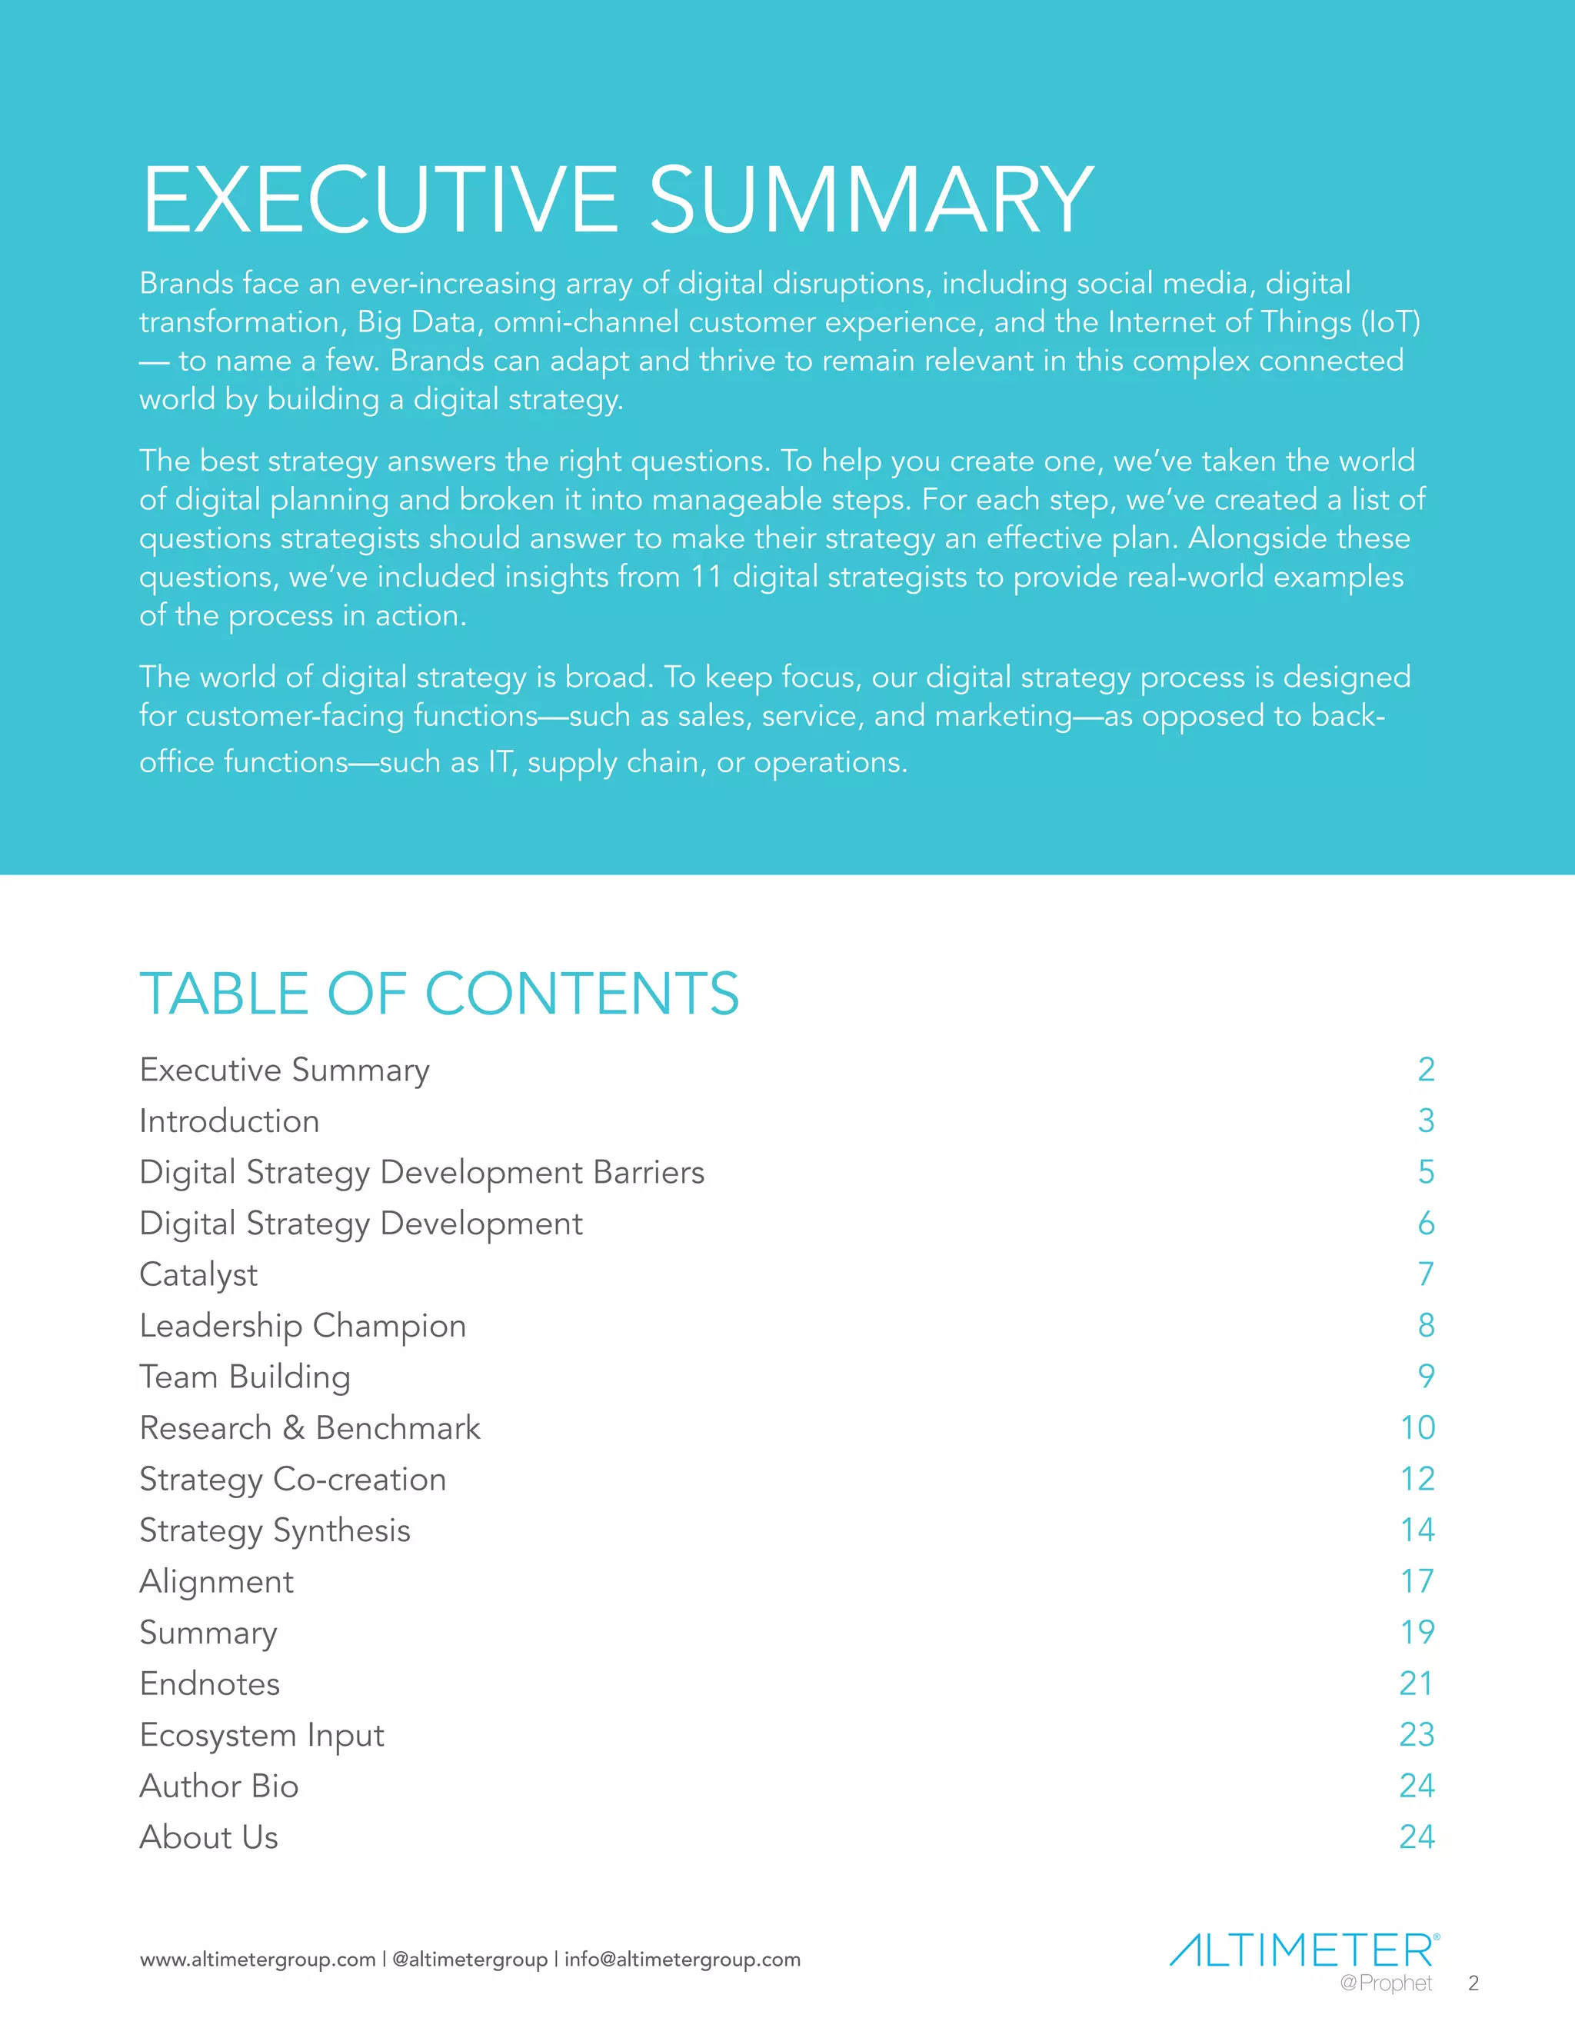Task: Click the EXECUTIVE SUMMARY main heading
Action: click(x=617, y=200)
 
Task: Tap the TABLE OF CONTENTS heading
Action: click(x=438, y=993)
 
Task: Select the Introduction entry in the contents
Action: click(x=229, y=1121)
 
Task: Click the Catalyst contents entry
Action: click(x=198, y=1274)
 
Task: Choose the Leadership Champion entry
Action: click(x=302, y=1326)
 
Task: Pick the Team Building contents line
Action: click(x=245, y=1377)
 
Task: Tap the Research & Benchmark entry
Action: click(x=310, y=1429)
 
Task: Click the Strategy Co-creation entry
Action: click(x=293, y=1480)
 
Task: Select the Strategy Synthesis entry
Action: click(x=275, y=1531)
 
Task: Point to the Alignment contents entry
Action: click(x=216, y=1582)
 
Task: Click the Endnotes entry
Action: click(x=210, y=1684)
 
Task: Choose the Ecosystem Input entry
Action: click(x=261, y=1736)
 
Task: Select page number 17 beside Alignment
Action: click(x=1417, y=1582)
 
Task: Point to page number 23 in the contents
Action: click(x=1417, y=1735)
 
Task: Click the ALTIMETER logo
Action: click(x=1304, y=1951)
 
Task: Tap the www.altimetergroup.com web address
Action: click(x=258, y=1960)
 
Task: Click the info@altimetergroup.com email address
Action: click(x=682, y=1960)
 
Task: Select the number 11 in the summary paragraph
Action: click(x=706, y=578)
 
